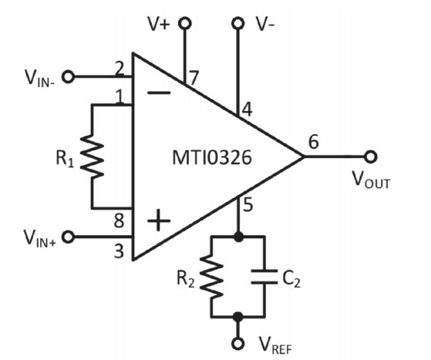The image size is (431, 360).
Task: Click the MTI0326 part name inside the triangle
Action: pyautogui.click(x=212, y=157)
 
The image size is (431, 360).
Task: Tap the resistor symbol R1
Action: pyautogui.click(x=93, y=156)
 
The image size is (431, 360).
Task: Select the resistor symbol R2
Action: pyautogui.click(x=211, y=277)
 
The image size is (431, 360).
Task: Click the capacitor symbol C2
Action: pyautogui.click(x=264, y=277)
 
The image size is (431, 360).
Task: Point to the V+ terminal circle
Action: pyautogui.click(x=185, y=23)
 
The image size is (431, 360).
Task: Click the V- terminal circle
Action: pyautogui.click(x=237, y=23)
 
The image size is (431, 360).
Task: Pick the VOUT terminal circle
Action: pyautogui.click(x=371, y=156)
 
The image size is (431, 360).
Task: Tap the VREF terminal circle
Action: pyautogui.click(x=237, y=343)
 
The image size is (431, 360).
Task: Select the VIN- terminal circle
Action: pyautogui.click(x=68, y=76)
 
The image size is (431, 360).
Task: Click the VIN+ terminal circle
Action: pyautogui.click(x=68, y=237)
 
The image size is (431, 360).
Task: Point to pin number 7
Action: pyautogui.click(x=194, y=78)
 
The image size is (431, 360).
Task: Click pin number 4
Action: pyautogui.click(x=247, y=109)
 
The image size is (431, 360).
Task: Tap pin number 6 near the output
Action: pyautogui.click(x=314, y=142)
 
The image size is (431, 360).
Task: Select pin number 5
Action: pyautogui.click(x=248, y=205)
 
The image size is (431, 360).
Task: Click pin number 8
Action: pyautogui.click(x=119, y=221)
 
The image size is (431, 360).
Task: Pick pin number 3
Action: pyautogui.click(x=119, y=251)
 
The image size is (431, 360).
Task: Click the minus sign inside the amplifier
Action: pyautogui.click(x=159, y=93)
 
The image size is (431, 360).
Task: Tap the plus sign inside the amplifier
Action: pyautogui.click(x=159, y=220)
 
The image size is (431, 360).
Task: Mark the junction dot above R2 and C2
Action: pyautogui.click(x=238, y=237)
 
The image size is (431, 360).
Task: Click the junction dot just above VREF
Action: pyautogui.click(x=237, y=317)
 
